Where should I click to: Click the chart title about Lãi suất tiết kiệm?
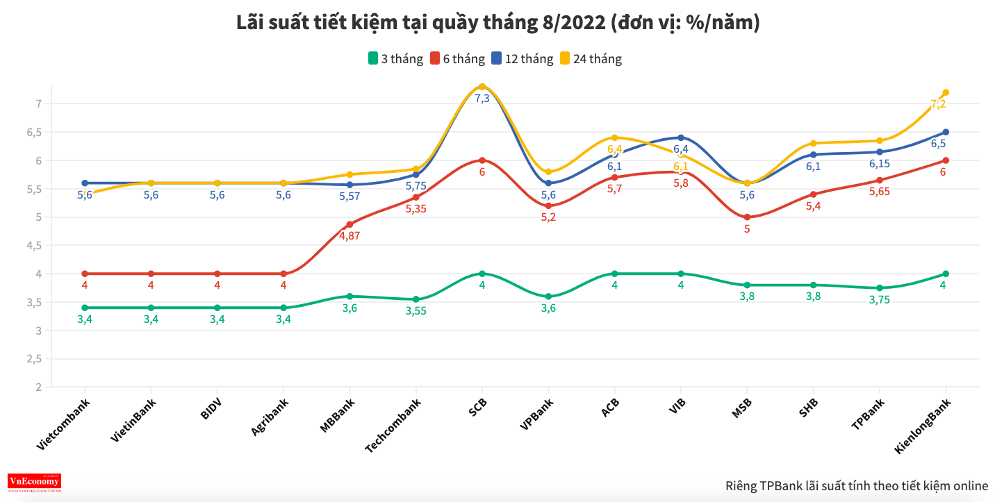tap(497, 24)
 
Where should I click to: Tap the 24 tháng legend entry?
tap(590, 59)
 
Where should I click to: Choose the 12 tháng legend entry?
tap(522, 59)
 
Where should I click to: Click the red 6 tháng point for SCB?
tap(482, 160)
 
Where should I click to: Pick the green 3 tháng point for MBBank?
tap(350, 296)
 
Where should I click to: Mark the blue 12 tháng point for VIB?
tap(681, 137)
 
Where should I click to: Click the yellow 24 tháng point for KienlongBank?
tap(946, 92)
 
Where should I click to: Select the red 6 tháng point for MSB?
tap(747, 217)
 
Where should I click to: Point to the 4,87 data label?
tap(350, 235)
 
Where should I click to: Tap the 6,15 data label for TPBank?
tap(879, 164)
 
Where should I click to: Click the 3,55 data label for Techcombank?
tap(416, 311)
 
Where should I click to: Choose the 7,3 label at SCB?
tap(482, 99)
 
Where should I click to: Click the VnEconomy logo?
tap(34, 482)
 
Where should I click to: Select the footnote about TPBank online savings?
tap(856, 485)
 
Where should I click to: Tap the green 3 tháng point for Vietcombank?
tap(85, 308)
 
